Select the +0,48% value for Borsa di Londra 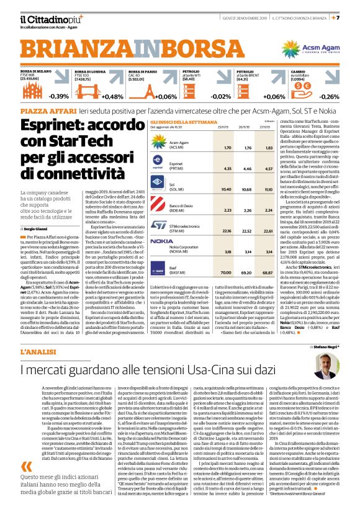point(112,97)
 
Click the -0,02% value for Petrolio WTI point(218,97)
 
